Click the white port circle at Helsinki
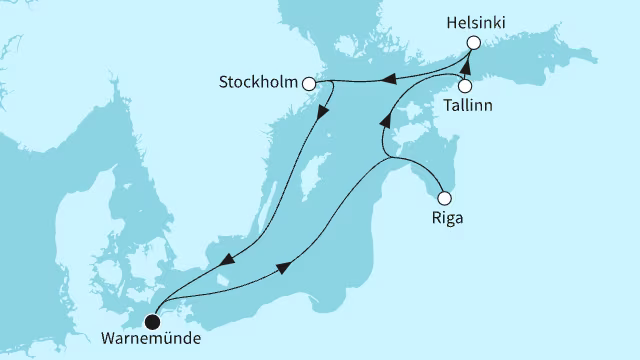click(474, 43)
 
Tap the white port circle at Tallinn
click(465, 86)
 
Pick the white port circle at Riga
click(444, 197)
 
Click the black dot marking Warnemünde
click(152, 321)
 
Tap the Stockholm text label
click(259, 84)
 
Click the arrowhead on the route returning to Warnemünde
click(223, 262)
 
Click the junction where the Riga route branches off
click(385, 157)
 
